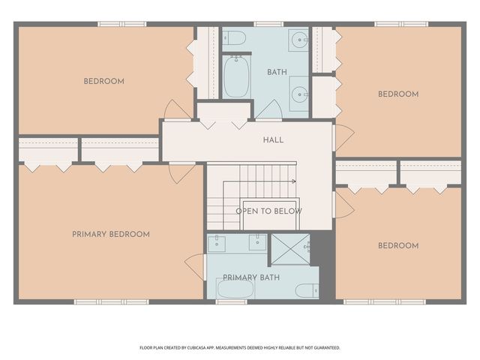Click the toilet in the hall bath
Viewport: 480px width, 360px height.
[234, 37]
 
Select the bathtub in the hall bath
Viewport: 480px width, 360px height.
[236, 77]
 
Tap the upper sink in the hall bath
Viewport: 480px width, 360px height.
[298, 39]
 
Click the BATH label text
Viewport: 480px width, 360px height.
[277, 72]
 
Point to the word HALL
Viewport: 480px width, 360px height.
[272, 140]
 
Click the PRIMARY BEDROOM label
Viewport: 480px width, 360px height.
[110, 234]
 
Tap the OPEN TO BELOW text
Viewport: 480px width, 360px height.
[269, 211]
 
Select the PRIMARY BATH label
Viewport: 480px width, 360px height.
[250, 277]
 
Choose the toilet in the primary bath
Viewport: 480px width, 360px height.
[307, 289]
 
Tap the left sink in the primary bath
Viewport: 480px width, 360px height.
[217, 242]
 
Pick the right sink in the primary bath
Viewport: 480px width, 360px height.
[257, 242]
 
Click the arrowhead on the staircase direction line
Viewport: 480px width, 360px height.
[293, 181]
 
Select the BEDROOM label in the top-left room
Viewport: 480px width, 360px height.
[103, 81]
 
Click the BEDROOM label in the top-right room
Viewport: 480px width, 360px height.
[397, 94]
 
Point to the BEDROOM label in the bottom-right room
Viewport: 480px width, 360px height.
[397, 245]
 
